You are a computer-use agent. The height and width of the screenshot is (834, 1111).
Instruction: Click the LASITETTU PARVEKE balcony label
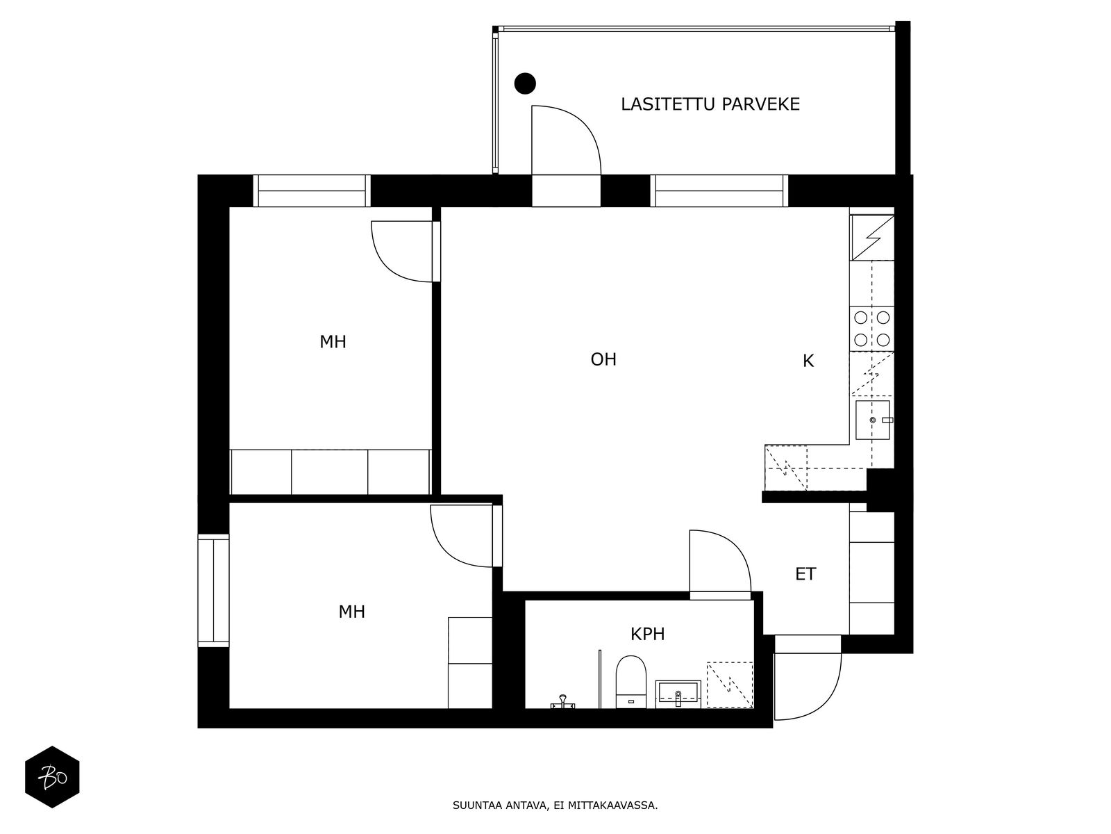coord(710,104)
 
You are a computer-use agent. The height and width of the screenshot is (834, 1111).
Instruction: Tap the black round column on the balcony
coord(525,83)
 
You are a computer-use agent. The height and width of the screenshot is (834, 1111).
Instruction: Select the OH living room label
coord(603,359)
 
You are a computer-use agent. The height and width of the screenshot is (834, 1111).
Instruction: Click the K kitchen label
coord(808,361)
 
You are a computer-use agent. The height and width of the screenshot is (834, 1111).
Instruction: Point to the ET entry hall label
coord(805,574)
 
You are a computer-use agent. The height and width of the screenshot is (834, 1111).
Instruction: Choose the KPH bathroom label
coord(648,634)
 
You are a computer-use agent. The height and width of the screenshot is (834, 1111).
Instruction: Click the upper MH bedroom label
coord(333,342)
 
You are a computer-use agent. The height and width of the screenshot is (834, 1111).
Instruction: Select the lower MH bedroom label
coord(351,612)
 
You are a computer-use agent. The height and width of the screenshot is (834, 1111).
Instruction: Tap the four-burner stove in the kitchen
coord(872,329)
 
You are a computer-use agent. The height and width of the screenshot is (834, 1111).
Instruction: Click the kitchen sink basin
coord(872,420)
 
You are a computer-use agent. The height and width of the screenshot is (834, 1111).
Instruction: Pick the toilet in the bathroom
coord(631,681)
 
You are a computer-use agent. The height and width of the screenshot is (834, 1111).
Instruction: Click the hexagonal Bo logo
coord(52,776)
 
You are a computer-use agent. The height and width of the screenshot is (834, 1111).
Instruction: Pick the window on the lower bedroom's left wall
coord(213,590)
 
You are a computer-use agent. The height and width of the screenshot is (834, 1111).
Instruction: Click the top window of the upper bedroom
coord(312,190)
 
